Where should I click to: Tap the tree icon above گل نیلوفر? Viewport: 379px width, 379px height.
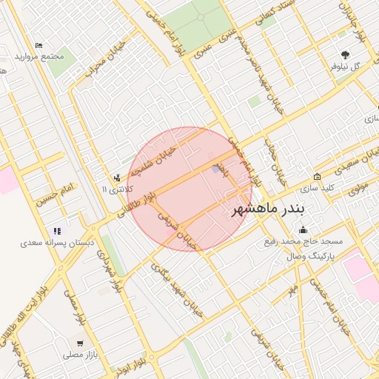coord(346,54)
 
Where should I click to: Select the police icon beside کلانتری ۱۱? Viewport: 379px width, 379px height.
coord(117,178)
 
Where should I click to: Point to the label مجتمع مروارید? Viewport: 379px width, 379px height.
coord(38,57)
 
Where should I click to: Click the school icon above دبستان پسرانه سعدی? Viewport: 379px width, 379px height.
coord(59,230)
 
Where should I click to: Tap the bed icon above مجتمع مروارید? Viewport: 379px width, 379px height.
coord(39,46)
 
